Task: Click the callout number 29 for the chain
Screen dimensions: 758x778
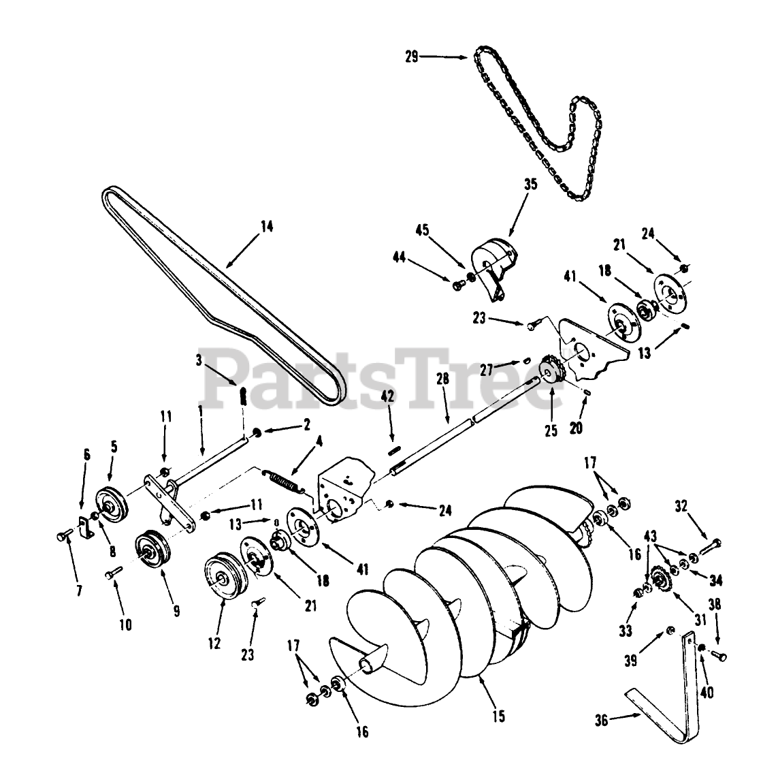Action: tap(411, 57)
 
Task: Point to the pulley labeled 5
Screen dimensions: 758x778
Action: tap(109, 505)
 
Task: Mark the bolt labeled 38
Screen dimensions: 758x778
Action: tap(719, 656)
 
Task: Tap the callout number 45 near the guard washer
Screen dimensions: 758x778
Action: tap(422, 230)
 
